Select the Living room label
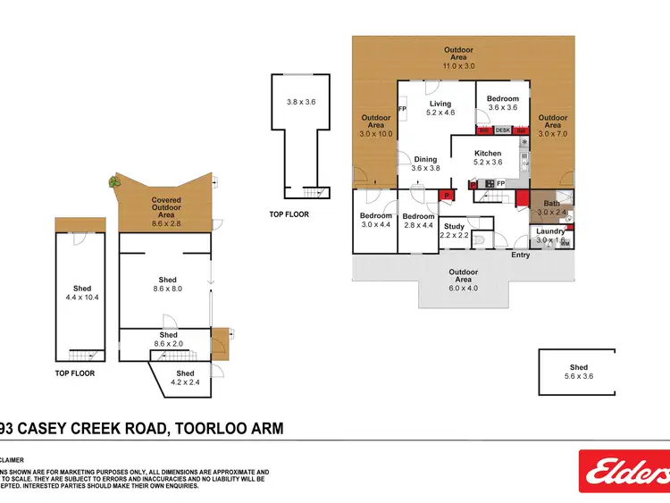(x=440, y=108)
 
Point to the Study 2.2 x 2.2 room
(x=454, y=231)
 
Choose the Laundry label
(x=549, y=236)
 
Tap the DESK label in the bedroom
(x=503, y=130)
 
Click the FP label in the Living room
(x=402, y=109)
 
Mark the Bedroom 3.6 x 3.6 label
(x=502, y=103)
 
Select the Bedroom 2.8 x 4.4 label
(x=417, y=221)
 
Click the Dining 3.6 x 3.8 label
(x=425, y=163)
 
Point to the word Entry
(x=520, y=256)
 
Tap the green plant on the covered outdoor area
(x=113, y=181)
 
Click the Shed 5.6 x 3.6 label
(x=579, y=372)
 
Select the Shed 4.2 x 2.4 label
(x=185, y=377)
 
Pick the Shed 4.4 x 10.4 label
(x=82, y=293)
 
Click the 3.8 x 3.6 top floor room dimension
(x=301, y=103)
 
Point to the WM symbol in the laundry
(x=565, y=243)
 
